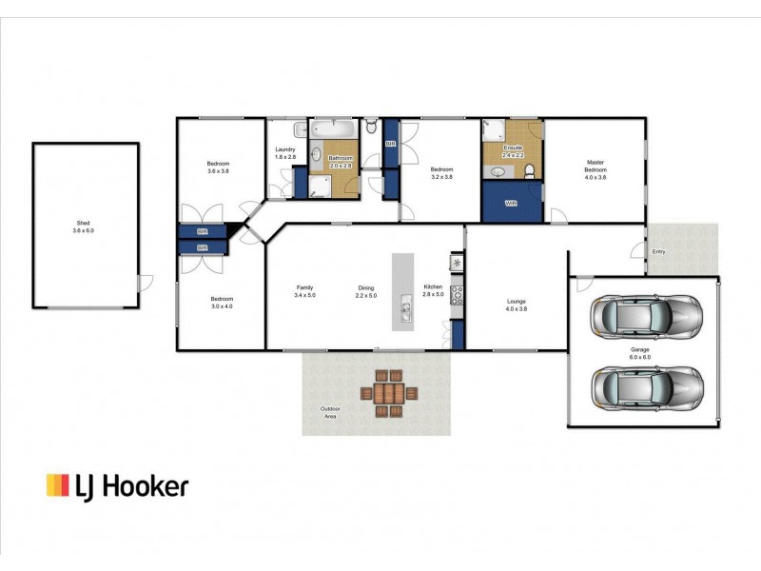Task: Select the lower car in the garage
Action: click(x=646, y=385)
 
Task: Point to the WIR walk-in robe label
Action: click(x=510, y=204)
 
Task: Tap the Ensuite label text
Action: click(x=514, y=148)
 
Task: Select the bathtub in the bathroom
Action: click(x=333, y=128)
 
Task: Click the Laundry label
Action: click(x=285, y=149)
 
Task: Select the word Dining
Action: click(x=366, y=287)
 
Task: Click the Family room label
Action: click(x=305, y=287)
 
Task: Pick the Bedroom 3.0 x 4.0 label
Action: click(x=220, y=303)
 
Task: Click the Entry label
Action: click(x=658, y=252)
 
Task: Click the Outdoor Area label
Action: click(x=330, y=412)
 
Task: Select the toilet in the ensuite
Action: click(x=530, y=170)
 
